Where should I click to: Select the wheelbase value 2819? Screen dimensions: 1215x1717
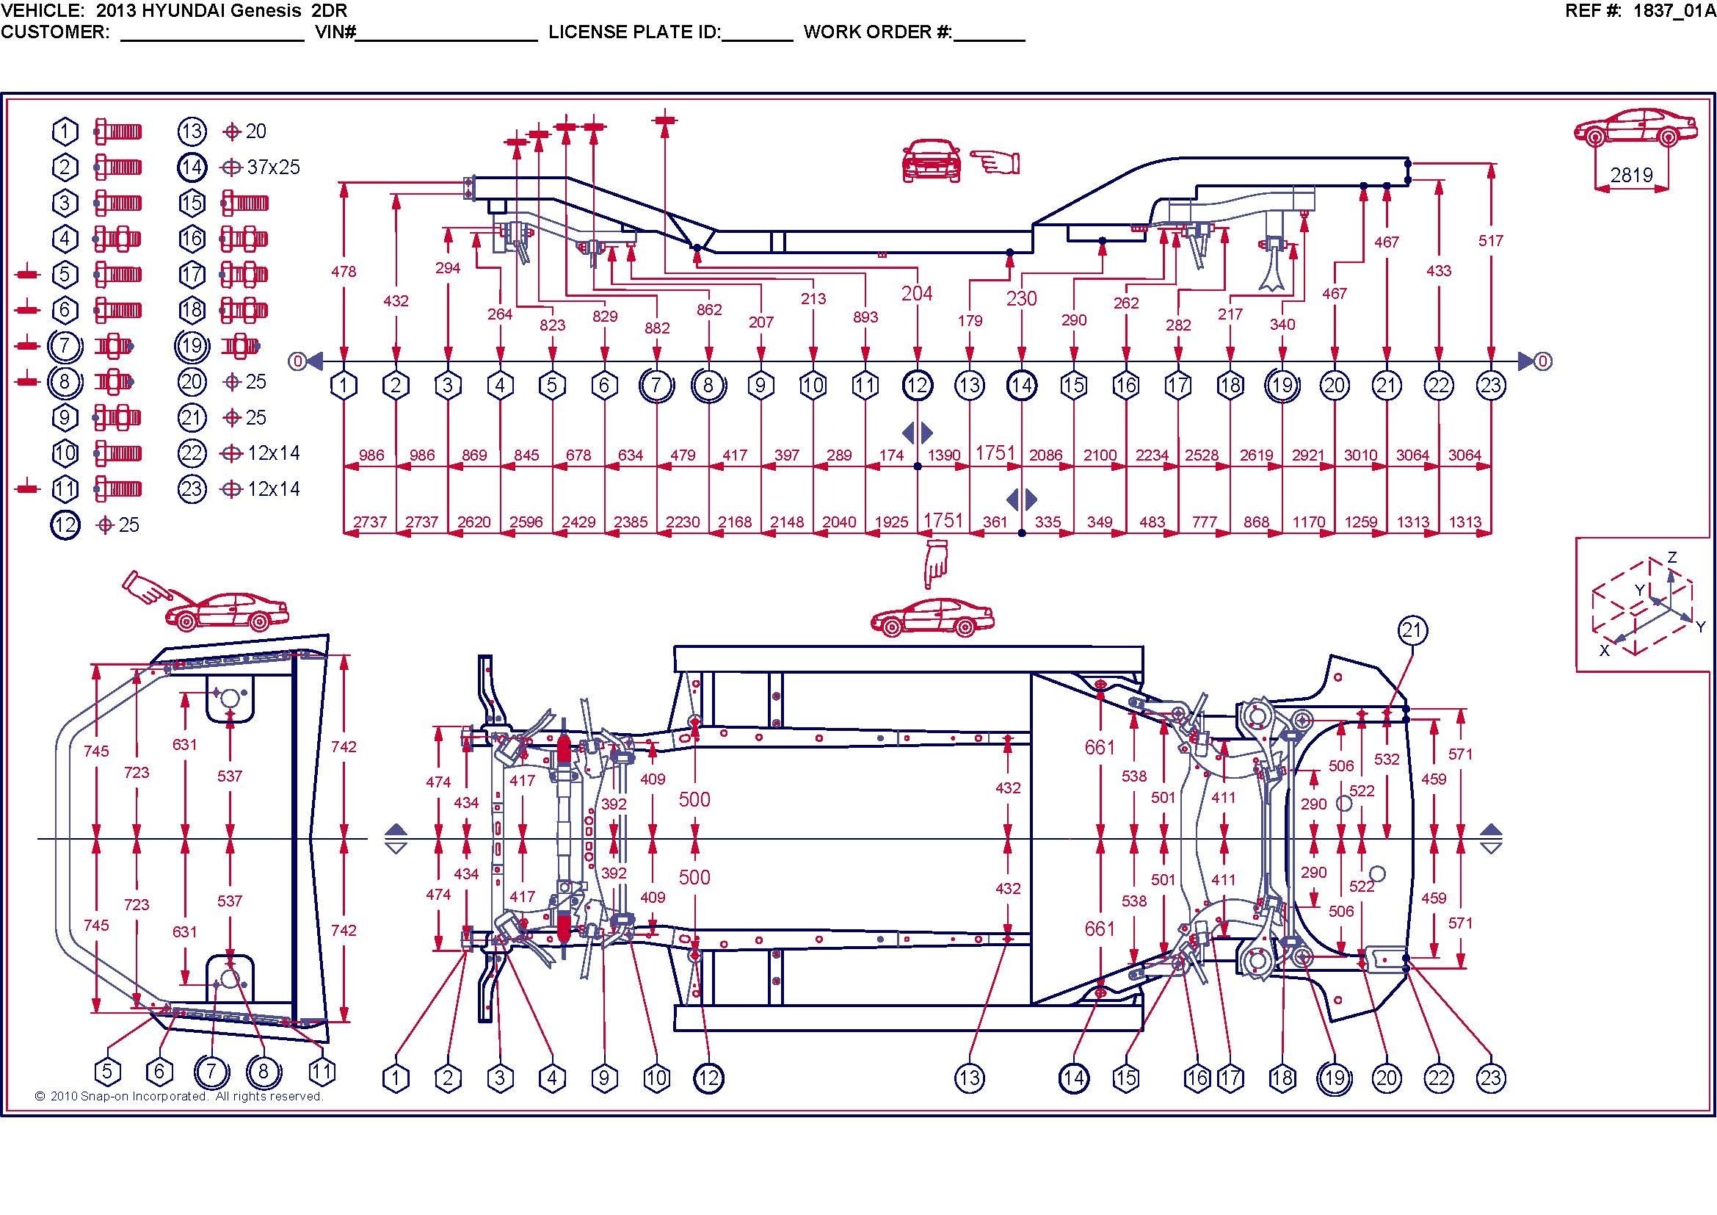pos(1631,175)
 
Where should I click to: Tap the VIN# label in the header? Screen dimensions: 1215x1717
pos(333,32)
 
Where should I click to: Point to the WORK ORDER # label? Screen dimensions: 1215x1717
pos(877,32)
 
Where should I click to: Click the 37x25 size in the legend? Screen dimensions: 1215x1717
pos(273,167)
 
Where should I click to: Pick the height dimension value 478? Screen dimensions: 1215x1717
pos(344,272)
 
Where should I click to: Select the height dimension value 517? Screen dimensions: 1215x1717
pos(1490,241)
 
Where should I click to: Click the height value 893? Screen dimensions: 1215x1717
pos(865,317)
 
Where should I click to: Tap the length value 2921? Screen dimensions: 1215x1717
pos(1308,455)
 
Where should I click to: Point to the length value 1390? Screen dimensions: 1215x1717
pos(943,455)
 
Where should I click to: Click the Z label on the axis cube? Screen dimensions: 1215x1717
pos(1671,558)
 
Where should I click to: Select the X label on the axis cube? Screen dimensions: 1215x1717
pos(1604,651)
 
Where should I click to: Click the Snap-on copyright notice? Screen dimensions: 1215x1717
pos(178,1096)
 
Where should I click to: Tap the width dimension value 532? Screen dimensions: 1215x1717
pos(1387,760)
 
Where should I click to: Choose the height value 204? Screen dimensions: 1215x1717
pos(917,293)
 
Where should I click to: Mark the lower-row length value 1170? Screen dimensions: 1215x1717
pos(1308,522)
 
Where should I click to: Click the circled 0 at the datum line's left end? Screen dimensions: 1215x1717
pos(297,362)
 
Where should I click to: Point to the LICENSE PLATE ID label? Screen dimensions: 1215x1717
pos(634,32)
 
